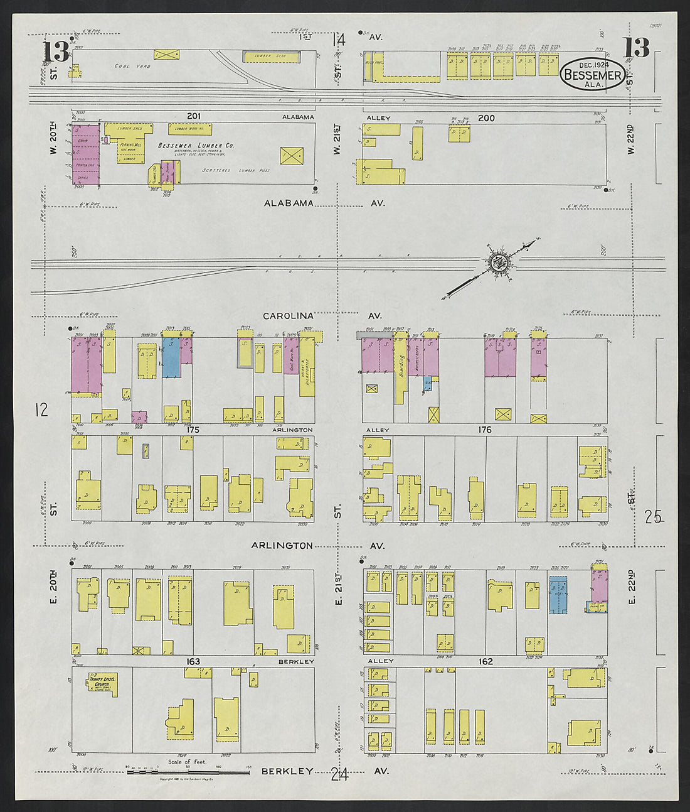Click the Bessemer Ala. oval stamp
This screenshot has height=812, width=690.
(592, 75)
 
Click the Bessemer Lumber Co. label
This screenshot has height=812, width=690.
(196, 145)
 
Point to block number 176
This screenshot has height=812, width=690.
(484, 430)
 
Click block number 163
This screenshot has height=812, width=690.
(193, 661)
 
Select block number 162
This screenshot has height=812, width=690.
(485, 661)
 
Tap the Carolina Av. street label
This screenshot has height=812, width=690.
(287, 316)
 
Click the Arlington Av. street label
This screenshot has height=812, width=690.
(282, 546)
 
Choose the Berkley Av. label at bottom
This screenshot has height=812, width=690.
(287, 771)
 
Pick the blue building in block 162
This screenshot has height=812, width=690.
(558, 594)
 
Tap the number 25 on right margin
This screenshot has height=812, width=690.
(652, 517)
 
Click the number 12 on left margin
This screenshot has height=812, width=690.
(42, 411)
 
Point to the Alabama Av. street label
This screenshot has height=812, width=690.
(289, 203)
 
